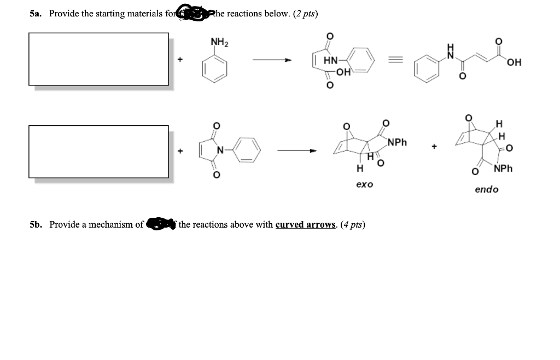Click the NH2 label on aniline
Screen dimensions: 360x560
coord(220,42)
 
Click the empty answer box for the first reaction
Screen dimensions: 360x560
coord(98,59)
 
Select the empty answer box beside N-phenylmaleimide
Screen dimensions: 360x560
coord(98,152)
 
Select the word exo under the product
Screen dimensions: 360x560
coord(364,184)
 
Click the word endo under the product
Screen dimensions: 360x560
coord(486,189)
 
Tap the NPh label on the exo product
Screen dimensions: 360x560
coord(398,142)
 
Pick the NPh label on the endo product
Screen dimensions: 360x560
coord(503,169)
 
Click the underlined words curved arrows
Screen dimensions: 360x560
coord(305,224)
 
